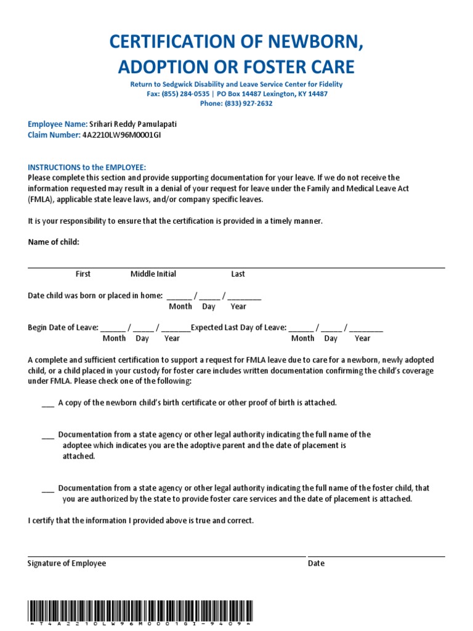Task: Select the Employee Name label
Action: (x=58, y=124)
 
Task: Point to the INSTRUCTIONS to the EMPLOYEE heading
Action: (x=87, y=168)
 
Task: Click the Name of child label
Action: (x=54, y=242)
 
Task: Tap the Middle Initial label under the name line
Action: (x=153, y=274)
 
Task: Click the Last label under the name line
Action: (x=238, y=274)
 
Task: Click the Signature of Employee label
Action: (x=67, y=563)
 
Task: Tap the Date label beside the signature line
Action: (x=316, y=563)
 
